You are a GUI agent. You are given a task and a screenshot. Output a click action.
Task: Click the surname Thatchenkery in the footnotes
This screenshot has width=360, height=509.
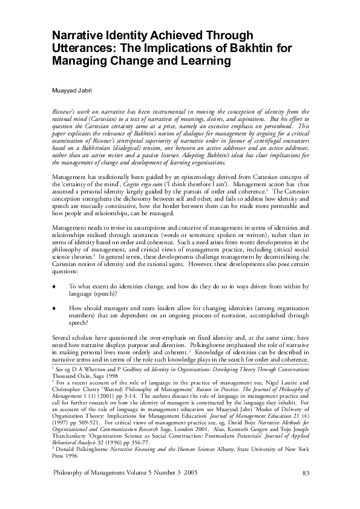pos(71,436)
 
